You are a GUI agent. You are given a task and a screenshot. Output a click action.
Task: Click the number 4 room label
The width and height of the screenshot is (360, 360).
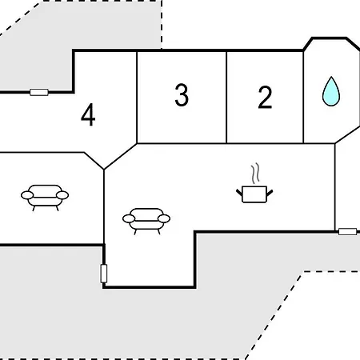click(88, 114)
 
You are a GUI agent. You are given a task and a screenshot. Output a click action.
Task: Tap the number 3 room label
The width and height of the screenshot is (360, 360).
click(182, 94)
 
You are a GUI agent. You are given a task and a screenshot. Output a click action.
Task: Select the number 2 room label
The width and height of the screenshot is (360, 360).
click(265, 97)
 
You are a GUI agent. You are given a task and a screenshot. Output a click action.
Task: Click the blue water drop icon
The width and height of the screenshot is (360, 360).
click(331, 91)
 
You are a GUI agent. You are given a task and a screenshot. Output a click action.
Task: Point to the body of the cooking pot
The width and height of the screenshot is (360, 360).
click(254, 194)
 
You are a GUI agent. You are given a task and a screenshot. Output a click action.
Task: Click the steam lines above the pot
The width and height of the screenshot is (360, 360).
click(255, 174)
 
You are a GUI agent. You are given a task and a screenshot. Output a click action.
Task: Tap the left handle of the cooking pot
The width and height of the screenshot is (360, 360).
click(239, 192)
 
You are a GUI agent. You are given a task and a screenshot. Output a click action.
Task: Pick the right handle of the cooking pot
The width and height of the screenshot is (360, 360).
click(270, 192)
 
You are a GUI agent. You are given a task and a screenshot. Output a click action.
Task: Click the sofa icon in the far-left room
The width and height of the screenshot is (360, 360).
click(45, 198)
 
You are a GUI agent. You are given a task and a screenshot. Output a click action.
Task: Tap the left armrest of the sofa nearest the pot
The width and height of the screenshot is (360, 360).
click(129, 218)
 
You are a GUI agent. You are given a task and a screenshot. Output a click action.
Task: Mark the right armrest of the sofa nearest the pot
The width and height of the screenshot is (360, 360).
click(164, 218)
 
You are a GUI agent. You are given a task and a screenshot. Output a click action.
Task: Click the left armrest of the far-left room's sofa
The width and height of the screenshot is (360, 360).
click(27, 195)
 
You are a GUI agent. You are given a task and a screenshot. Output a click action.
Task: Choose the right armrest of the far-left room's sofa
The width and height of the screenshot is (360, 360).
click(62, 195)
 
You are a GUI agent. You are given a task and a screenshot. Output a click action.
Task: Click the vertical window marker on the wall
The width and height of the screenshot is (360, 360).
click(104, 274)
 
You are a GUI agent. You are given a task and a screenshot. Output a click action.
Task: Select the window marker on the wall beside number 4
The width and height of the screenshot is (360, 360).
click(39, 92)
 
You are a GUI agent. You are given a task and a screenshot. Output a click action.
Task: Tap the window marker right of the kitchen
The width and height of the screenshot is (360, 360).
click(348, 231)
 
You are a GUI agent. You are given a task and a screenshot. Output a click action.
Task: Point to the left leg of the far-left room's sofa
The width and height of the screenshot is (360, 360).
click(34, 208)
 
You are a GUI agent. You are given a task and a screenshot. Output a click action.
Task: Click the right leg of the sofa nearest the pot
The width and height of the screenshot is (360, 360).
click(159, 232)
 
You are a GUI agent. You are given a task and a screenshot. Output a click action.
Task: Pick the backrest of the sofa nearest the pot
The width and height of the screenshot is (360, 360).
click(146, 213)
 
